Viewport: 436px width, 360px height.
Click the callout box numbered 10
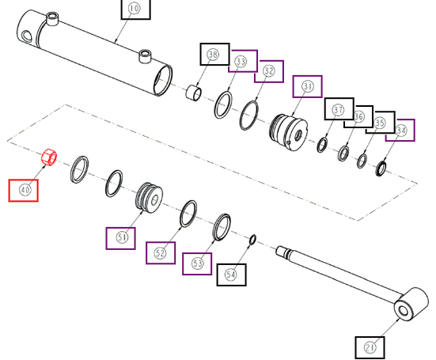click(x=135, y=9)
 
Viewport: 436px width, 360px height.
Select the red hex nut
click(x=49, y=157)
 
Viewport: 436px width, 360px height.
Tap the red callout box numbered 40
click(x=24, y=191)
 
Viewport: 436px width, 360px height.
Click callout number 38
click(x=215, y=55)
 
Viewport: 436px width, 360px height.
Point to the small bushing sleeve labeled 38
click(x=193, y=93)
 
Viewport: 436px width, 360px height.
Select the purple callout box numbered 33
click(x=243, y=61)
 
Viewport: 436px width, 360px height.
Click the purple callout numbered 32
click(x=269, y=71)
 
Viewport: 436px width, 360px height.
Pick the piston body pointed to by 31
click(x=288, y=132)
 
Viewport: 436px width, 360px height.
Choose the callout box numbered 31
click(x=308, y=86)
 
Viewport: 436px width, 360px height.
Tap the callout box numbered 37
click(x=339, y=109)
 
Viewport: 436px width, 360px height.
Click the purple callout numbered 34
click(x=400, y=130)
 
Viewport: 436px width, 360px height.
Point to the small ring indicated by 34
click(x=381, y=169)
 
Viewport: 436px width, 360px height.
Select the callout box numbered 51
click(x=121, y=238)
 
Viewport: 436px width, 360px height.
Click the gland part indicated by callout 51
click(x=150, y=198)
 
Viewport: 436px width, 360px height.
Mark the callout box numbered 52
click(x=161, y=252)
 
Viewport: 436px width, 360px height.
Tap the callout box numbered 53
click(x=197, y=263)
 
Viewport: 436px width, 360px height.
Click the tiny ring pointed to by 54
click(x=253, y=240)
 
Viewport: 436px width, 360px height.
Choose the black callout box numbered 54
click(x=231, y=275)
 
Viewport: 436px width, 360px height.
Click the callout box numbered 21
click(x=370, y=348)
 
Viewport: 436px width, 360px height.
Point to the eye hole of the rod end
click(x=404, y=311)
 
